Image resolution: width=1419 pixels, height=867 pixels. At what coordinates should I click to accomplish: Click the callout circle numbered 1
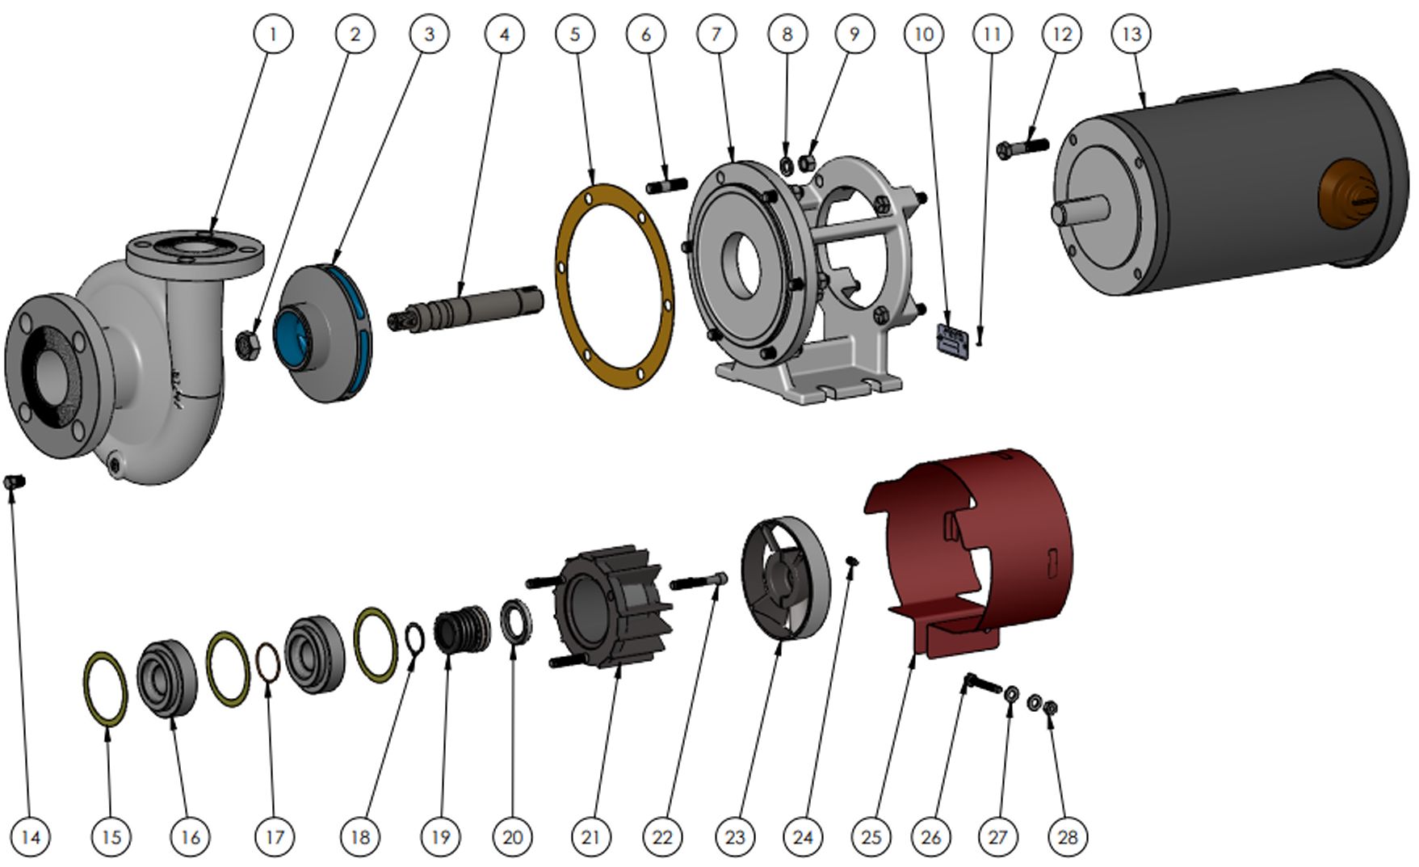pos(273,34)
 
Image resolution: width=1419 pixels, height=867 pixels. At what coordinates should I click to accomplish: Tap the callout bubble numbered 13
pos(1131,34)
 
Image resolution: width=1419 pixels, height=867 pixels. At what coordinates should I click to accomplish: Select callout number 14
pos(30,836)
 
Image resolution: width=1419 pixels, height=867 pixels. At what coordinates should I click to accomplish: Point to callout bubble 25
pos(871,836)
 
